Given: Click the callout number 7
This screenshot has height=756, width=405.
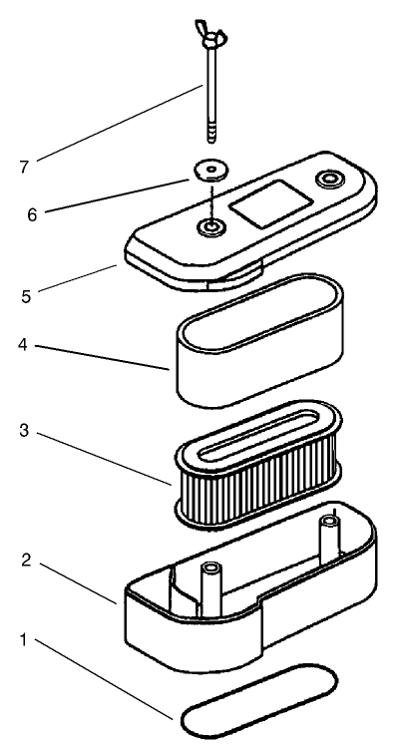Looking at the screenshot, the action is click(x=25, y=167).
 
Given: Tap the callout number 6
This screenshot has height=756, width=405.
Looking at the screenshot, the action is click(x=32, y=214).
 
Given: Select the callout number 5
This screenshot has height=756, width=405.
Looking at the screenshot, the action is click(x=26, y=296).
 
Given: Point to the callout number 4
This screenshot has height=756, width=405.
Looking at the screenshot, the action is click(x=23, y=345).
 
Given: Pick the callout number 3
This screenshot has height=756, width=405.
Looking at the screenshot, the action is click(x=24, y=431).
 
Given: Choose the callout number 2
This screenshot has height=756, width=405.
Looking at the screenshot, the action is click(x=27, y=561).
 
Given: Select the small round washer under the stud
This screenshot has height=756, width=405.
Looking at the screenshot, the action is click(x=210, y=171).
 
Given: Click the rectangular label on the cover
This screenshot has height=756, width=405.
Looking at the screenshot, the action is click(x=270, y=203).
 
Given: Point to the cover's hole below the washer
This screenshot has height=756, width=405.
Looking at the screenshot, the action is click(x=211, y=226).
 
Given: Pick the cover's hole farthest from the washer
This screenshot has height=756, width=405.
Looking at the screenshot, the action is click(x=330, y=180).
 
